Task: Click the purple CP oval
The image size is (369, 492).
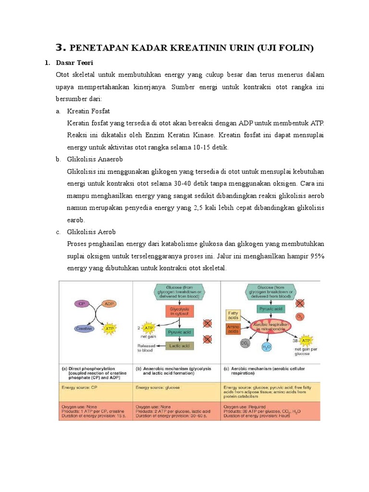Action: (81, 304)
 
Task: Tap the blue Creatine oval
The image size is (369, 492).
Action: (84, 329)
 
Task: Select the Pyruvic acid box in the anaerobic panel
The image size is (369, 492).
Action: (179, 332)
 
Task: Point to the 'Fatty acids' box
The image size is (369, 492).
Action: (233, 315)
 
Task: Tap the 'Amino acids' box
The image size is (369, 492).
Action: (233, 329)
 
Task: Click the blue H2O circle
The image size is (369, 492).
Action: (266, 346)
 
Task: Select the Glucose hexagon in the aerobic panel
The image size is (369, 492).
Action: (271, 291)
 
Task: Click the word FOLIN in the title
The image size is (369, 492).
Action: (296, 48)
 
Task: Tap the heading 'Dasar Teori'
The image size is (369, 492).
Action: (72, 63)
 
